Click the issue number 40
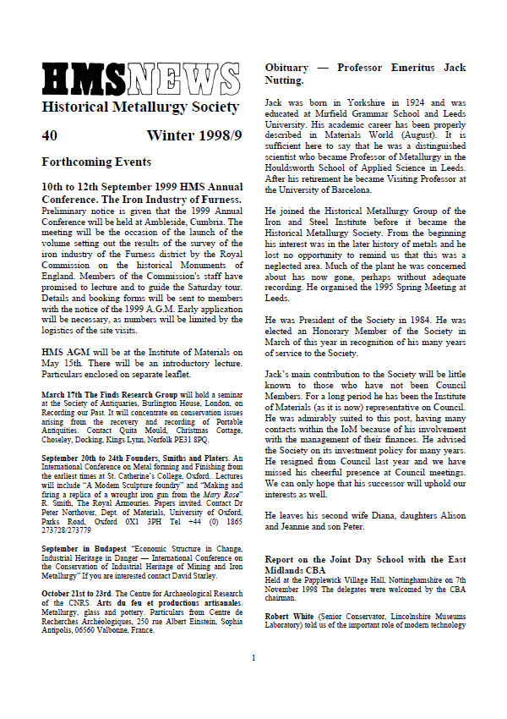pyautogui.click(x=50, y=135)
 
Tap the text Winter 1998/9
pyautogui.click(x=194, y=135)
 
